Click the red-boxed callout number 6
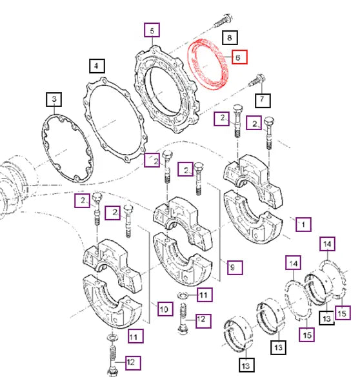pos(239,57)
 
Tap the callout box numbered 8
pos(230,37)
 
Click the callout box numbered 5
pos(152,30)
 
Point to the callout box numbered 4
pos(97,66)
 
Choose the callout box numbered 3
pos(54,99)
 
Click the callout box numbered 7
pos(263,101)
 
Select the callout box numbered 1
pos(303,224)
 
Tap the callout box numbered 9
pos(235,267)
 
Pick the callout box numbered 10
pos(165,309)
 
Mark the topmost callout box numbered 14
pos(327,244)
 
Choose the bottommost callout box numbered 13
pos(247,365)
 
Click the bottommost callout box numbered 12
pos(133,363)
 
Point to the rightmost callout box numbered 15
pos(343,313)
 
